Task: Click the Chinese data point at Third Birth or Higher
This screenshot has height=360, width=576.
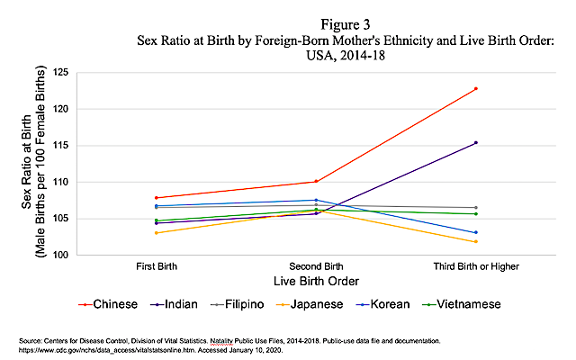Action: point(475,88)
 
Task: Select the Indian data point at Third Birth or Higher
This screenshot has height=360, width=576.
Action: point(475,142)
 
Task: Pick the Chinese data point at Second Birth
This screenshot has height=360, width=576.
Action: point(316,182)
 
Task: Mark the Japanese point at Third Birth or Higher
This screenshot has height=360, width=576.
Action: point(475,242)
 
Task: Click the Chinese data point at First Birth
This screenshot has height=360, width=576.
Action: point(157,197)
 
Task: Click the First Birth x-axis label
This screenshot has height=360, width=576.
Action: point(157,268)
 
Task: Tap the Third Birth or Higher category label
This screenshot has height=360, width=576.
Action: point(475,268)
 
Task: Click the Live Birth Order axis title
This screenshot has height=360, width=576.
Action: point(315,283)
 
